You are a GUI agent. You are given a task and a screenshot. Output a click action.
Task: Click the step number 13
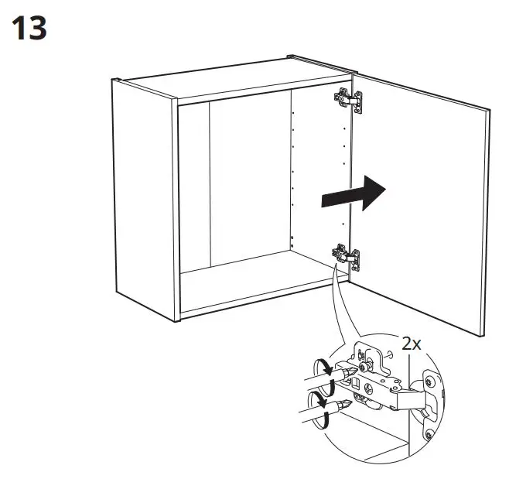click(30, 29)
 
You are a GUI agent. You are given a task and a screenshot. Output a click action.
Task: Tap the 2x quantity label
click(412, 343)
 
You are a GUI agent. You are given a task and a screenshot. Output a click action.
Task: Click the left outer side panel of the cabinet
click(144, 193)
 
